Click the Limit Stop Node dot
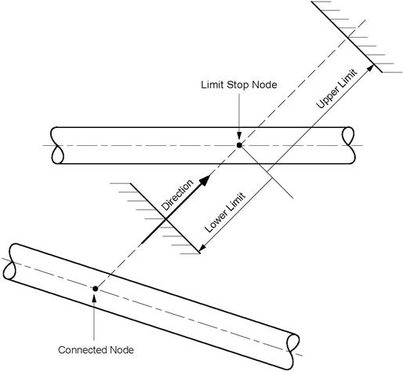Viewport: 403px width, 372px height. point(239,145)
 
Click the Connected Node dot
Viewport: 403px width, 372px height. point(96,289)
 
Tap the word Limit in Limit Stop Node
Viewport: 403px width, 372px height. point(212,85)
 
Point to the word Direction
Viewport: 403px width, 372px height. point(177,195)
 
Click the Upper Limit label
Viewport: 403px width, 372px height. point(336,89)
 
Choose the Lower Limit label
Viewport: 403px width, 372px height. point(225,213)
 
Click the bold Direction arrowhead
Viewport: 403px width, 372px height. point(205,181)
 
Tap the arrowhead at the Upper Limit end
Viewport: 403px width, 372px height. point(371,67)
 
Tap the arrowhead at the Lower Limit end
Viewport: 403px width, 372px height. point(203,246)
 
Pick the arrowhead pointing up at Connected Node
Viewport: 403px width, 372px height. point(94,298)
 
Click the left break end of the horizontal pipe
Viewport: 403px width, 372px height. point(57,145)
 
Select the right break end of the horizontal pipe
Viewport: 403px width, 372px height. point(349,145)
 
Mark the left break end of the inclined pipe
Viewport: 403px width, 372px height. point(10,261)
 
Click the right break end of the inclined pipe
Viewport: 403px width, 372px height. point(292,352)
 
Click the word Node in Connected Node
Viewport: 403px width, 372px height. point(122,350)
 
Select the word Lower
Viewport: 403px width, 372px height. point(215,222)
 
